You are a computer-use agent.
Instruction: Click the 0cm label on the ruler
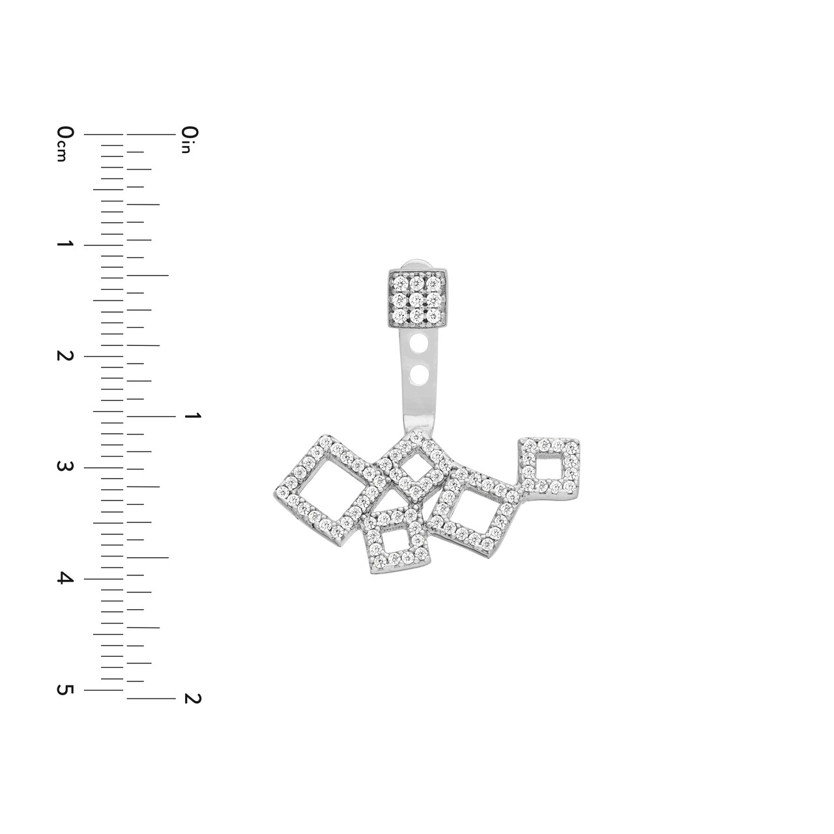pyautogui.click(x=65, y=144)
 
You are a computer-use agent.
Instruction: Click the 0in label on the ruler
pyautogui.click(x=190, y=140)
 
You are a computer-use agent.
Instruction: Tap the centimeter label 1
pyautogui.click(x=65, y=244)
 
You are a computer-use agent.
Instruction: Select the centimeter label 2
pyautogui.click(x=65, y=356)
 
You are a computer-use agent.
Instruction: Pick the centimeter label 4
pyautogui.click(x=65, y=578)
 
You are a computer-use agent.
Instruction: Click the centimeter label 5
pyautogui.click(x=65, y=689)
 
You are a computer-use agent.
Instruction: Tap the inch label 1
pyautogui.click(x=192, y=416)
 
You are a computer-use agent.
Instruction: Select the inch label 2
pyautogui.click(x=193, y=698)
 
